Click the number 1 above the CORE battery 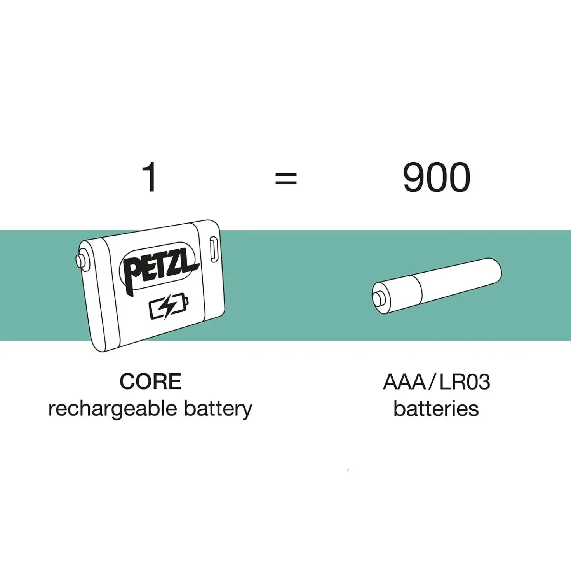click(150, 177)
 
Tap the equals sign click(286, 178)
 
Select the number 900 click(437, 177)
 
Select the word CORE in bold click(150, 381)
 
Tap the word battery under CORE click(218, 409)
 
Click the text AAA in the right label click(404, 382)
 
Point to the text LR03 click(465, 382)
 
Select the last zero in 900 click(460, 177)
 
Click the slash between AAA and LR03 click(432, 382)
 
